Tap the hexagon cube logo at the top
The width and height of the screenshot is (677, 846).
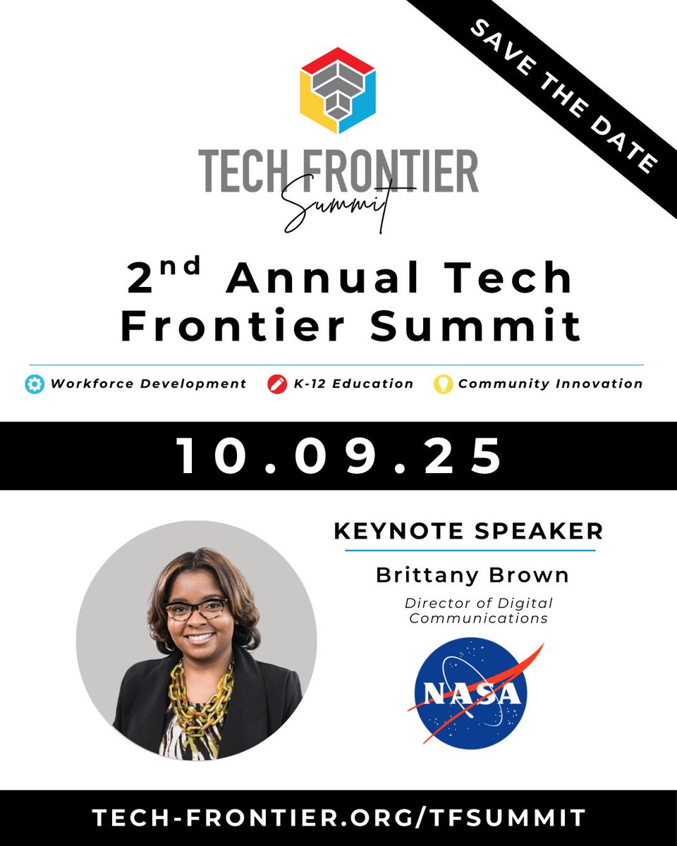tap(338, 90)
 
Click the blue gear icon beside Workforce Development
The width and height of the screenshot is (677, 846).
tap(34, 384)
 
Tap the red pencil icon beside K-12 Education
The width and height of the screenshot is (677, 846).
tap(275, 384)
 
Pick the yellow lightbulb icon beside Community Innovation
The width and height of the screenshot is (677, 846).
tap(442, 384)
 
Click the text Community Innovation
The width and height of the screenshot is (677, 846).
tap(550, 384)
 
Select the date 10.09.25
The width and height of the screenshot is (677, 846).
tap(338, 455)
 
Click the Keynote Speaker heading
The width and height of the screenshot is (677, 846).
tap(468, 531)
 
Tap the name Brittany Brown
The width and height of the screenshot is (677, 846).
tap(472, 575)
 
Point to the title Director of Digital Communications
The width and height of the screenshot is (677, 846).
tap(479, 611)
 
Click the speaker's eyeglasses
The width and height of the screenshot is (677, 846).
tap(195, 608)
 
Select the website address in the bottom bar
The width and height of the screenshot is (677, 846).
tap(338, 817)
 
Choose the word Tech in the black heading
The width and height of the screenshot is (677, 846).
tap(526, 278)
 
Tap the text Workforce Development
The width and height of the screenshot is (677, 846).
tap(148, 384)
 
